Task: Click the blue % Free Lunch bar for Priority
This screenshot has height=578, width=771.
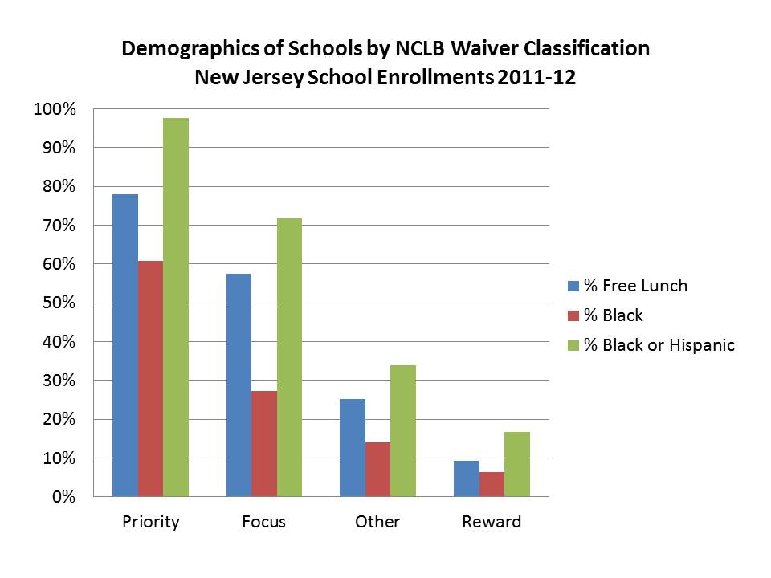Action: click(x=125, y=345)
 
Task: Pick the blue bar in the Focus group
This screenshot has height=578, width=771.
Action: click(x=239, y=385)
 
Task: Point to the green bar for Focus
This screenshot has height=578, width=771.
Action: click(x=289, y=357)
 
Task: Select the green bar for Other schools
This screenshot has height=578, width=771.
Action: click(x=403, y=431)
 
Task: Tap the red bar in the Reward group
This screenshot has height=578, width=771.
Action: click(x=492, y=484)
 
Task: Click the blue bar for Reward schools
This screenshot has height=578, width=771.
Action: click(x=467, y=478)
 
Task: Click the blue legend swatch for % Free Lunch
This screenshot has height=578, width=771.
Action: click(x=573, y=286)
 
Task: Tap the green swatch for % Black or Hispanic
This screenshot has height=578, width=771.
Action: click(x=573, y=345)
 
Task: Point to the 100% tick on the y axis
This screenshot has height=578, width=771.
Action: click(x=54, y=109)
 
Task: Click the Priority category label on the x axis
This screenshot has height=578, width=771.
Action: click(x=151, y=522)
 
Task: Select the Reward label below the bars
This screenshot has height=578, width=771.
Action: click(x=492, y=522)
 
